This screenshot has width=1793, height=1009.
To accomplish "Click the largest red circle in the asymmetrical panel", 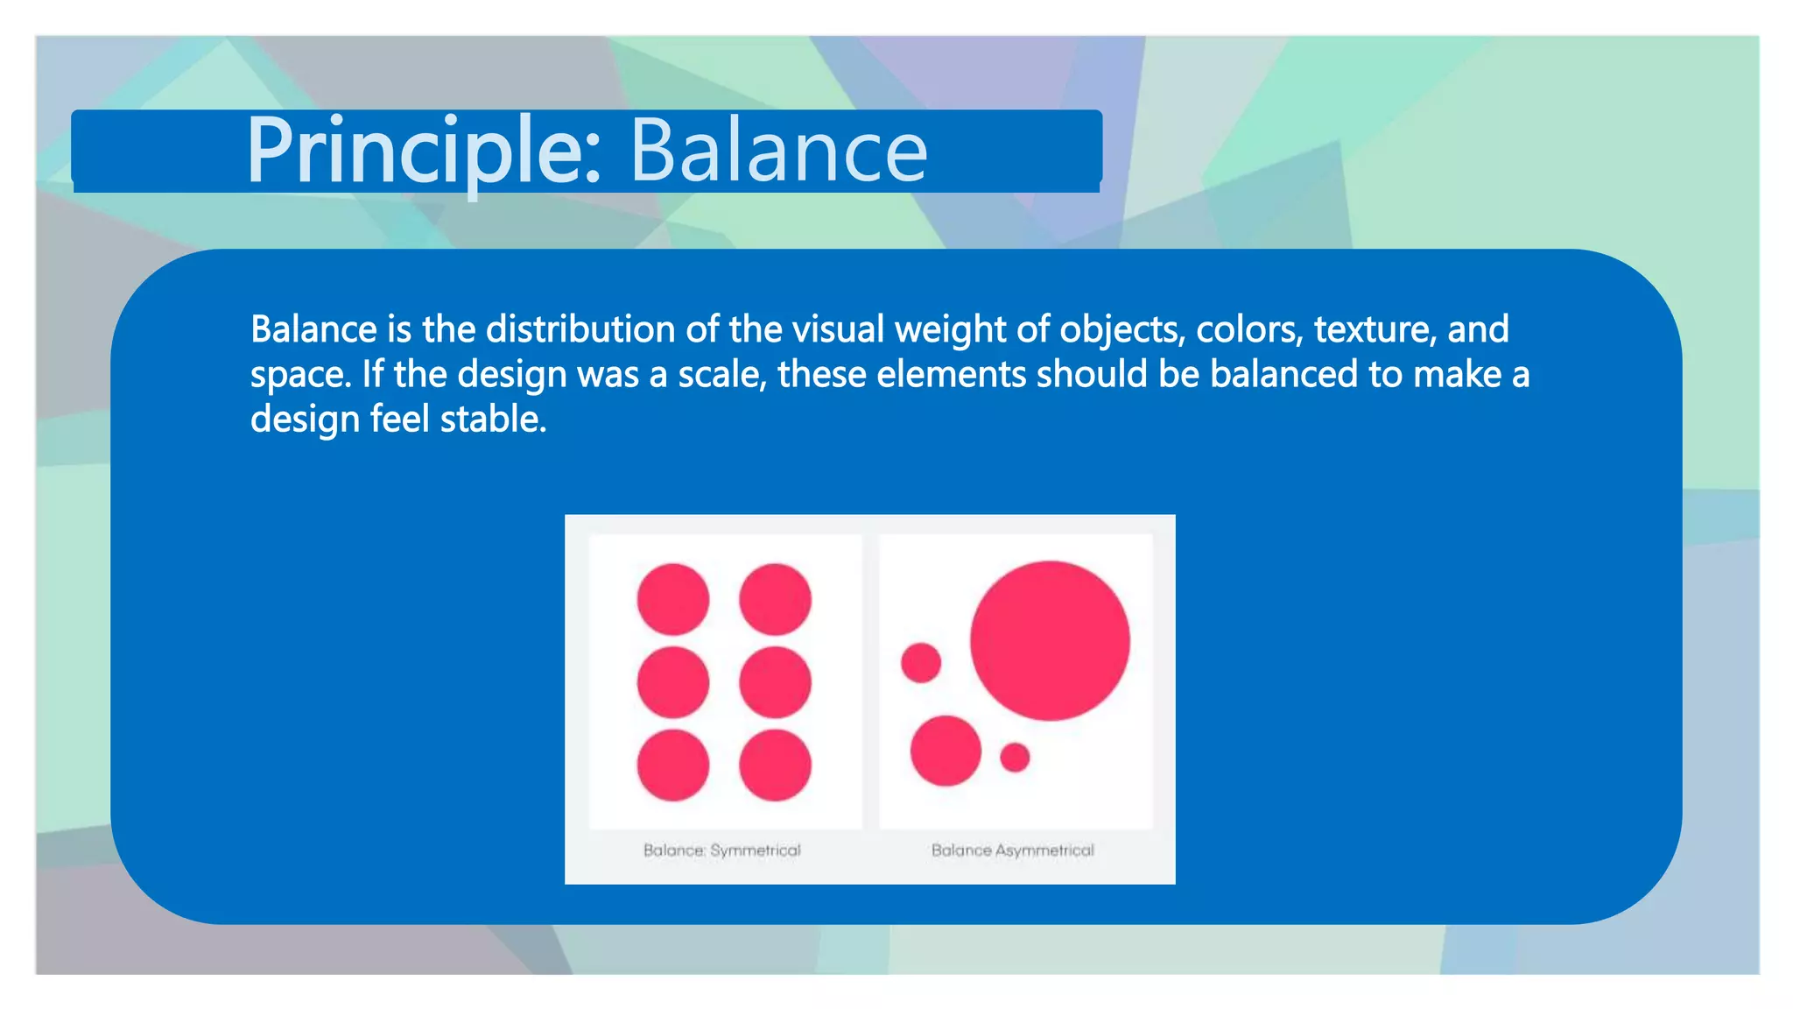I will pos(1049,641).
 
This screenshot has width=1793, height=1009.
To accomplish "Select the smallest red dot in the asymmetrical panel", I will pos(1015,757).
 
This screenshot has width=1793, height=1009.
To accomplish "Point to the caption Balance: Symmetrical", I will pos(721,850).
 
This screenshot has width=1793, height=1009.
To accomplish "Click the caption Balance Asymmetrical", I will pos(1012,850).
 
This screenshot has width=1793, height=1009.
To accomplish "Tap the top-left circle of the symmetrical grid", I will pos(672,599).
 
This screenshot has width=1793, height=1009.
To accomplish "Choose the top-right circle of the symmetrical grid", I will pos(775,599).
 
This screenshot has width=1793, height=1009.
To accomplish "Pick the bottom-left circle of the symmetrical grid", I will pos(672,765).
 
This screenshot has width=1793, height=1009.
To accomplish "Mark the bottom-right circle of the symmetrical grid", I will pos(775,765).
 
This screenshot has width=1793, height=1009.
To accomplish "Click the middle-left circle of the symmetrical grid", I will pos(672,681).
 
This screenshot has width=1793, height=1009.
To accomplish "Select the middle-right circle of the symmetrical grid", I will pos(775,681).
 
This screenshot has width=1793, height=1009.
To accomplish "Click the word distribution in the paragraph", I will pos(580,329).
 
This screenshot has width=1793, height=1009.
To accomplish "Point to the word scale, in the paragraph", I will pos(722,374).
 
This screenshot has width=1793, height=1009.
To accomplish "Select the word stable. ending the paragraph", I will pos(493,419).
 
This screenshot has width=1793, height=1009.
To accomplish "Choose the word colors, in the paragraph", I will pos(1249,329).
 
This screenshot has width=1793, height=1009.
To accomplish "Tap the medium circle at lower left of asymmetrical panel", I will pos(946,751).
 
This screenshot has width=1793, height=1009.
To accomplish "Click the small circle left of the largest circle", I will pos(921,662).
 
